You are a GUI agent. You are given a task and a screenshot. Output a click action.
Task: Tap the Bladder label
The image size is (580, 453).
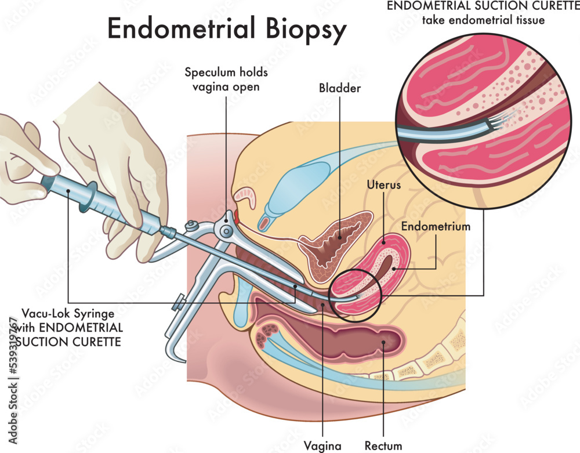[x=339, y=89]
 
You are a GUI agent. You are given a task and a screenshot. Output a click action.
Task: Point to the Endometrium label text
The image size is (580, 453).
[x=436, y=226]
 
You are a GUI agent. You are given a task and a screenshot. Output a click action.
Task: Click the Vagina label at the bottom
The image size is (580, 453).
[x=320, y=445]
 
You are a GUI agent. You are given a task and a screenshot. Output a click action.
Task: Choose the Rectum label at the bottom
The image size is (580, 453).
[x=383, y=445]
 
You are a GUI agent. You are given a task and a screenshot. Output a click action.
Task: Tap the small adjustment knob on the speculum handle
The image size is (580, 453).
[x=177, y=302]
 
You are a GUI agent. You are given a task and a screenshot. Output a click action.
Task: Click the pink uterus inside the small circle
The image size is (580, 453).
[x=348, y=287]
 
